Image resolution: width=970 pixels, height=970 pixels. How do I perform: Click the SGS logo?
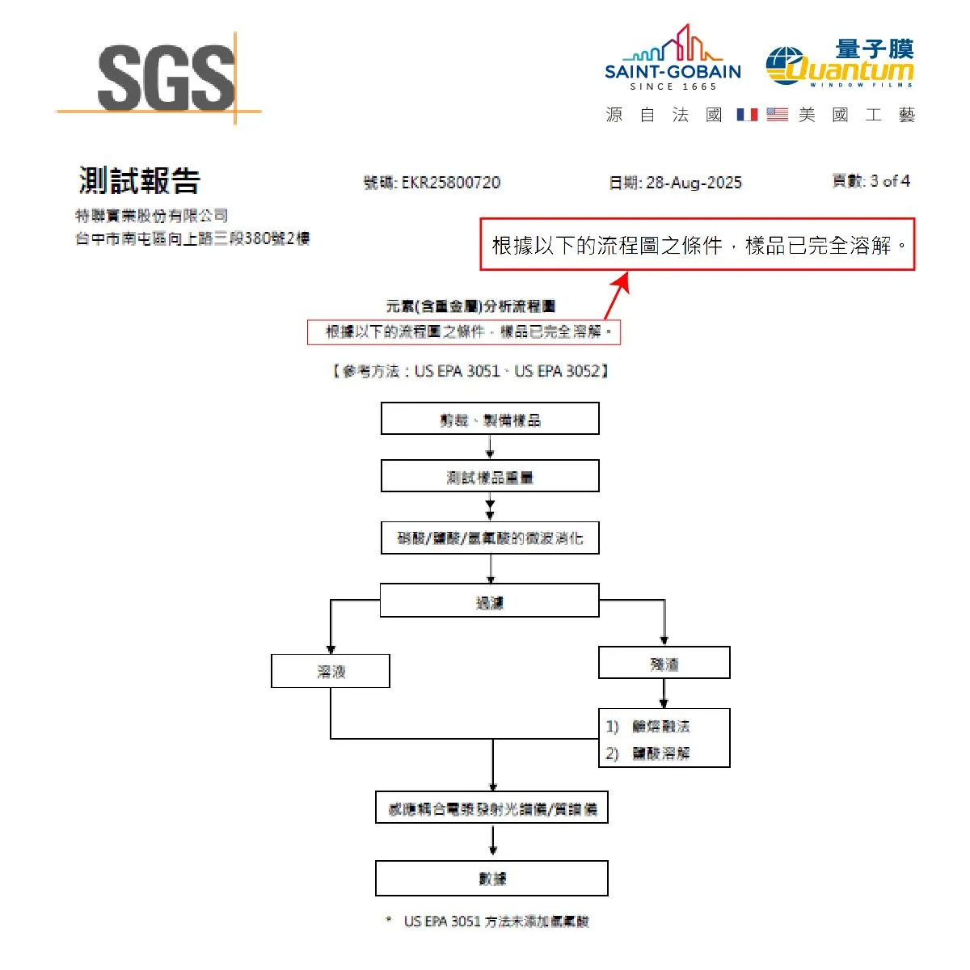pos(166,78)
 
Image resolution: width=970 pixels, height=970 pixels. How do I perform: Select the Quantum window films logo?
pos(841,63)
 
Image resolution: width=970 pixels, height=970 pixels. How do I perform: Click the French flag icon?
pos(747,115)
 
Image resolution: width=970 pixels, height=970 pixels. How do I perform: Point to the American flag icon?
pos(777,115)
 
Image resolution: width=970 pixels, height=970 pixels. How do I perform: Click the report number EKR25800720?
pos(451,183)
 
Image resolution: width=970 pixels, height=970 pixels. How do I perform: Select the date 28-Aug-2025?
pos(694,183)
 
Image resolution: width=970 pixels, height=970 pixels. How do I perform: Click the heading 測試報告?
pos(139,180)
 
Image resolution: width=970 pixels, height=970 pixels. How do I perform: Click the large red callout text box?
pos(697,244)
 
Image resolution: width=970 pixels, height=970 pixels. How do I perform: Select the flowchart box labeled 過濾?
pos(490,601)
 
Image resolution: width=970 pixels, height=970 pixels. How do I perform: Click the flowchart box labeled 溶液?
pos(331,671)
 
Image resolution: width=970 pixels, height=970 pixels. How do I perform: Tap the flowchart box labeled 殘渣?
pos(664,663)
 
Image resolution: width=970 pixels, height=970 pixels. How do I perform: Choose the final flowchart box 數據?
pos(491,878)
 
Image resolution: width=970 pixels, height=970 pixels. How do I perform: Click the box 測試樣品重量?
pos(490,477)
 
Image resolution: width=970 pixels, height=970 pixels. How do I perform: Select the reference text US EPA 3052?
pos(557,371)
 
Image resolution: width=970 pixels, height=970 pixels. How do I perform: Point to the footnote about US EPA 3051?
pos(496,921)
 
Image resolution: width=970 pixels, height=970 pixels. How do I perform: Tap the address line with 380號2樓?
pos(192,238)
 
